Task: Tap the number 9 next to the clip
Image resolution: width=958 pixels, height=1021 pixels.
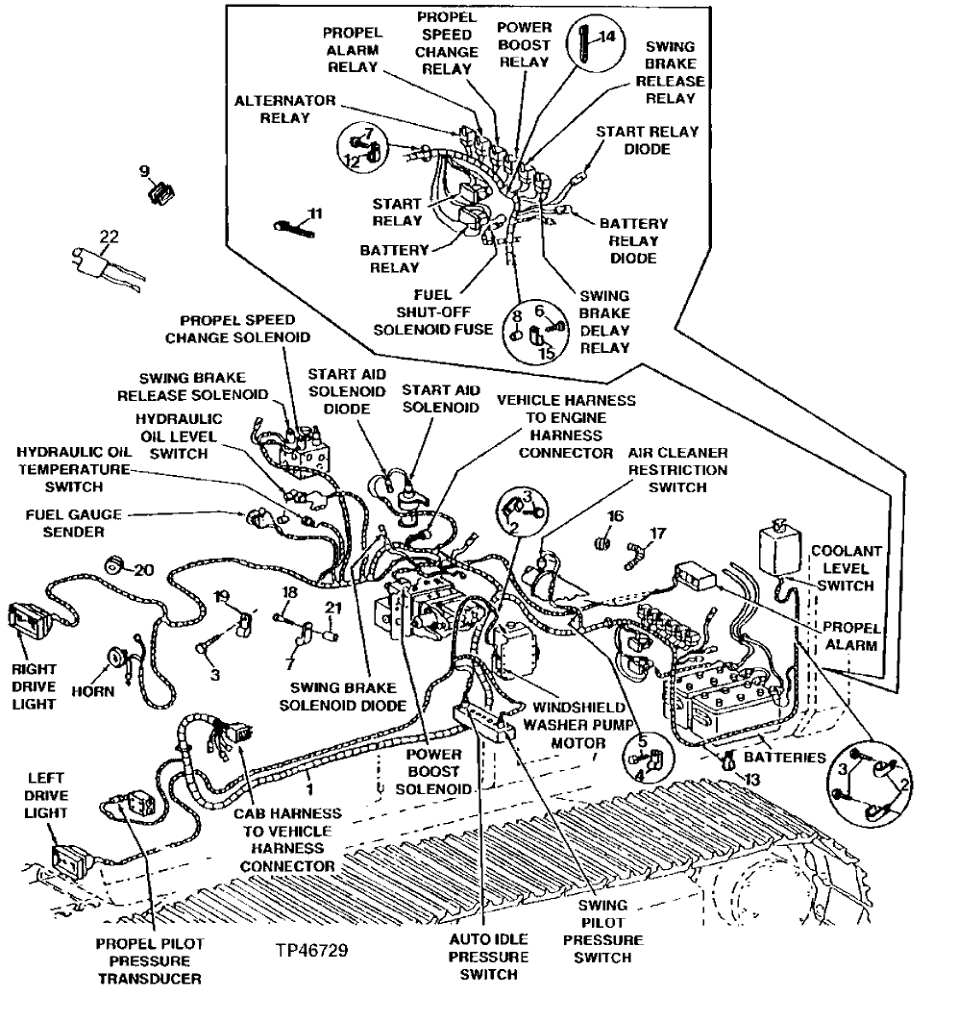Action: point(144,171)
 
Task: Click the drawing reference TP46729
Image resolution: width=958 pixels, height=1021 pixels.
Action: point(311,950)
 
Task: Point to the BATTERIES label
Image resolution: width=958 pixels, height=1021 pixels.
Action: point(792,757)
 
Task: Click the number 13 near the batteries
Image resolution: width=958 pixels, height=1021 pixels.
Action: point(751,780)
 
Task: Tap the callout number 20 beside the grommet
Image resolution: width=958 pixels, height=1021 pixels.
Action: point(144,569)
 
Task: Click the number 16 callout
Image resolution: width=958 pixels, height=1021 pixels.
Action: point(615,516)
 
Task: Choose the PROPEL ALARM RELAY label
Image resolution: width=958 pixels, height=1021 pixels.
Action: point(353,48)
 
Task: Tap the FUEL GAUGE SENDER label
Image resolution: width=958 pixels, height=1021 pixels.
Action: point(63,522)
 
